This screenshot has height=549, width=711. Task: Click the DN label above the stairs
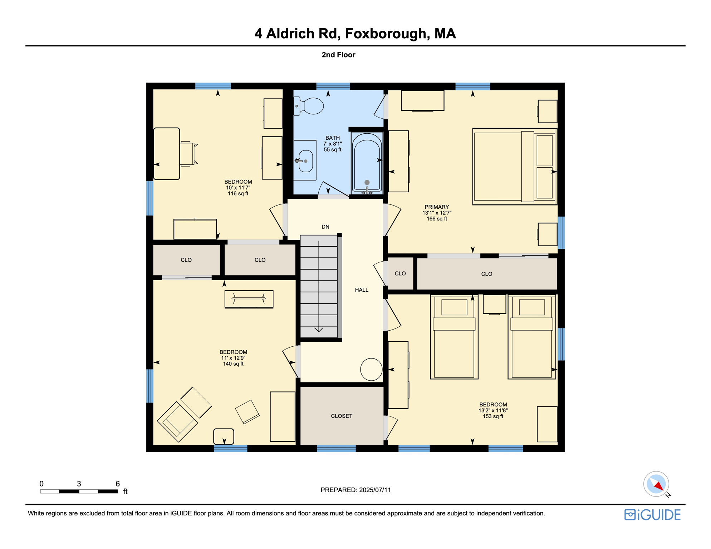pos(325,227)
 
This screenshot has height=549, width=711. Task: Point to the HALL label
pos(362,290)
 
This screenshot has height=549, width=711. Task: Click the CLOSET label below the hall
pos(342,416)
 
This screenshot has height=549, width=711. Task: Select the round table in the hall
pos(371,369)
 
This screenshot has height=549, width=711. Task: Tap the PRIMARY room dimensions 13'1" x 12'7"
pos(437,213)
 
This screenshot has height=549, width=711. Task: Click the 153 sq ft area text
pos(493,416)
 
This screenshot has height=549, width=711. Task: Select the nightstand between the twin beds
pos(494,304)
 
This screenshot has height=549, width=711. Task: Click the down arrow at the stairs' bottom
pos(319,329)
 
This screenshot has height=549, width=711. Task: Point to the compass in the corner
pos(656,484)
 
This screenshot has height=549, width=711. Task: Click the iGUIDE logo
pos(652,515)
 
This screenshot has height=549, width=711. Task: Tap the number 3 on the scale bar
pos(79,484)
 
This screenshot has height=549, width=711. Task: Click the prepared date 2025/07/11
pos(375,490)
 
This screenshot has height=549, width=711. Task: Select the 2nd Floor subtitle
pos(338,55)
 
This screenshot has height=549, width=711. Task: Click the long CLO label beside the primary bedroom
pos(486,274)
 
